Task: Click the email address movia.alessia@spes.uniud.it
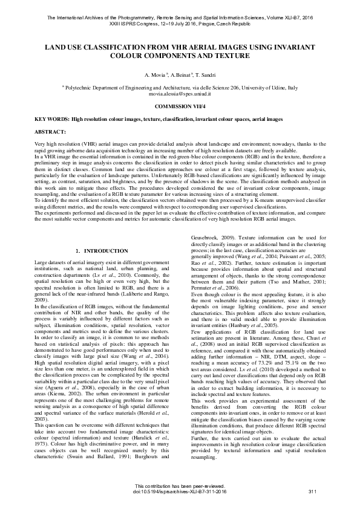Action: pos(180,94)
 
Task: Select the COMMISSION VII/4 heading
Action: pos(180,106)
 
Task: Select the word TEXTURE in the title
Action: pos(233,55)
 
